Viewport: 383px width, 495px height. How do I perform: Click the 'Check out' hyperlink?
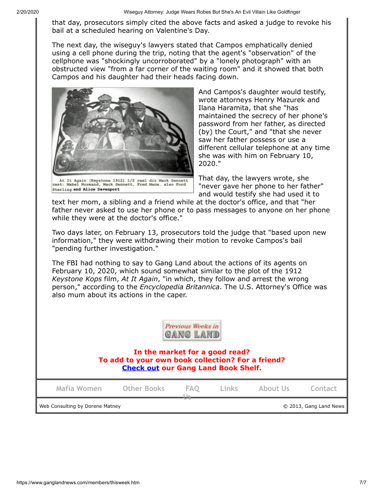click(x=140, y=368)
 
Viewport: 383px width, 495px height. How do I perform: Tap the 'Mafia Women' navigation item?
click(x=79, y=389)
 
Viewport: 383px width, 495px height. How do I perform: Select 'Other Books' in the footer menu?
click(x=144, y=389)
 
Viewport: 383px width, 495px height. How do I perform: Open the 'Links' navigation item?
click(x=229, y=389)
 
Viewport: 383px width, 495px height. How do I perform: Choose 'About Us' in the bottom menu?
click(x=274, y=389)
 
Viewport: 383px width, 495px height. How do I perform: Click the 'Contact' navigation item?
click(x=323, y=389)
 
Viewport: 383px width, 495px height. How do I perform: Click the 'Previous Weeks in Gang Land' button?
click(x=191, y=330)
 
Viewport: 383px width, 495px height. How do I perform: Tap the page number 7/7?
click(x=363, y=482)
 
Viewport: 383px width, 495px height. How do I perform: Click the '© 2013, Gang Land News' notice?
click(x=314, y=406)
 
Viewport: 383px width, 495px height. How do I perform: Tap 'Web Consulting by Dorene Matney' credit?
click(x=80, y=406)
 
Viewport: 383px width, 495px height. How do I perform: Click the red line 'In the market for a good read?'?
click(x=191, y=352)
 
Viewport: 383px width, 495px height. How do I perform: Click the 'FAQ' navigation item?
click(x=192, y=389)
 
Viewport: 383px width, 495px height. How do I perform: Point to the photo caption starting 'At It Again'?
click(x=123, y=185)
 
